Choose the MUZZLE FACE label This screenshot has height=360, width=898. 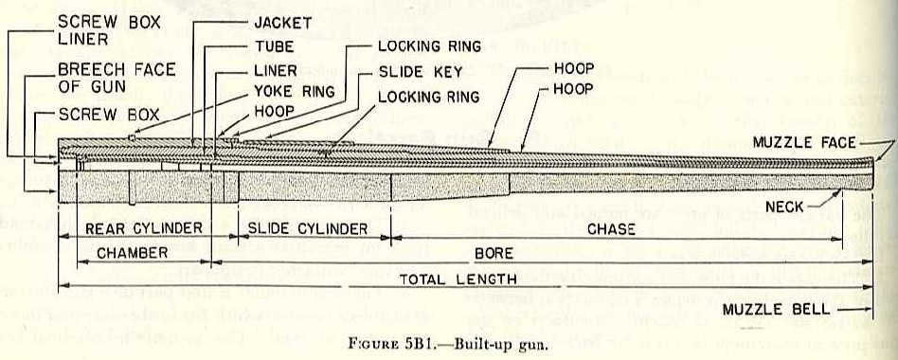tap(805, 142)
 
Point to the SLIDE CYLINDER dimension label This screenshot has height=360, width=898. tap(307, 228)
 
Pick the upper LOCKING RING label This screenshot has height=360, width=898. tap(429, 45)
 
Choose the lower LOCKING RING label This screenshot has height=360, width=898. tap(428, 97)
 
